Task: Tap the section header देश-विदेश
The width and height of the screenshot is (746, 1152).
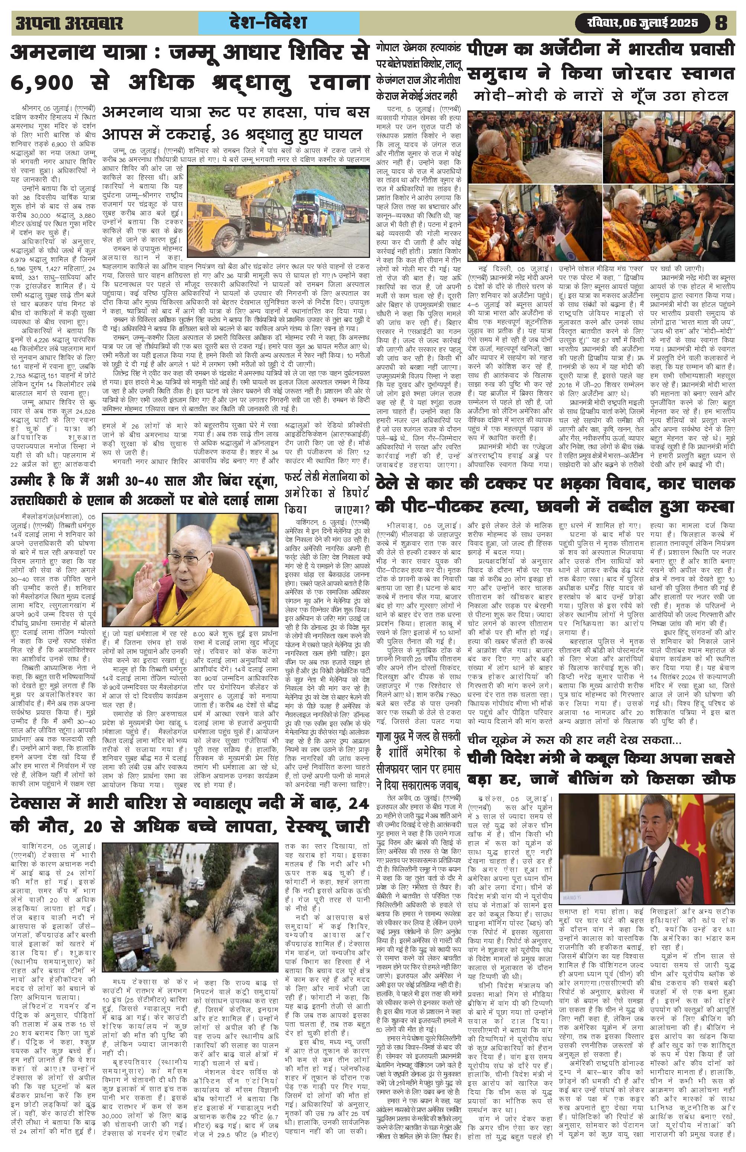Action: coord(280,22)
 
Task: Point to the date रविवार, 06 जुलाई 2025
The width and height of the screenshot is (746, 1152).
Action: coord(644,22)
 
